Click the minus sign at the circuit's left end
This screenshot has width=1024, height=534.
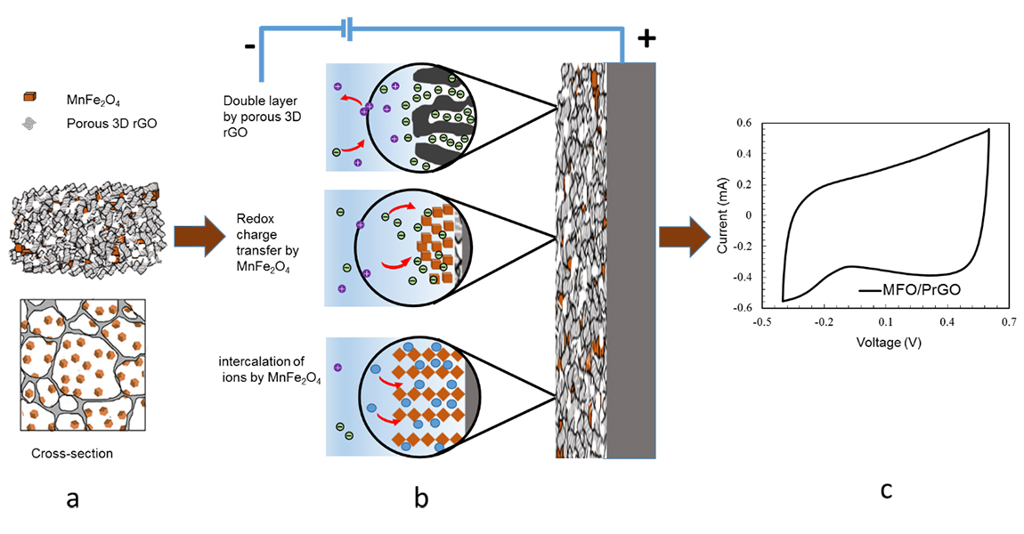tap(251, 45)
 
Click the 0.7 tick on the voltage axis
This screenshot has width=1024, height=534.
tap(1008, 320)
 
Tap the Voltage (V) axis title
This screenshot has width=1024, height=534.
tap(887, 342)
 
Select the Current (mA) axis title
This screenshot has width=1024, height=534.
tap(723, 215)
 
